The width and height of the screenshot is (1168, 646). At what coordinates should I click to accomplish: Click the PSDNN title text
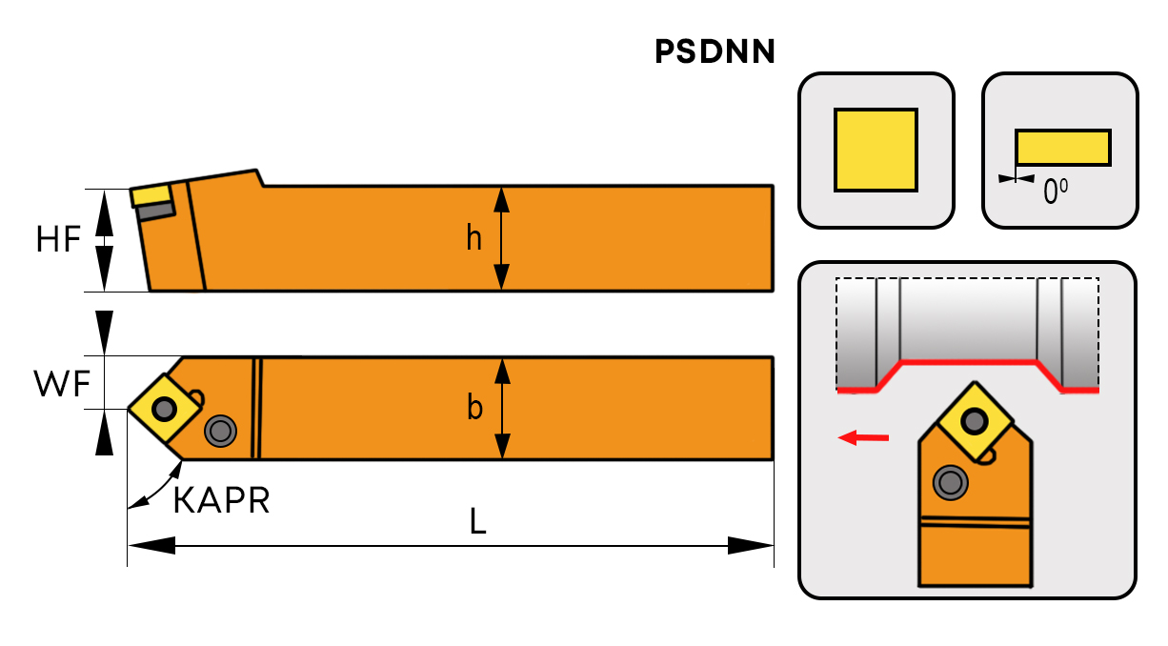715,52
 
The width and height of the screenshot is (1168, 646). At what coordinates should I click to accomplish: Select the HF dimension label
58,239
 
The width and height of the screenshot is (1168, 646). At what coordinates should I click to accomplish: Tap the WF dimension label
61,384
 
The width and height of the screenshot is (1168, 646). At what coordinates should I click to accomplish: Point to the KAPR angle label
221,499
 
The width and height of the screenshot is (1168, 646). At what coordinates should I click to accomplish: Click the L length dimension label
478,520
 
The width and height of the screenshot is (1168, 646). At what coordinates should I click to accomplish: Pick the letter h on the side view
473,238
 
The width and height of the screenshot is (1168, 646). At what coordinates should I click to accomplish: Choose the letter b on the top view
474,408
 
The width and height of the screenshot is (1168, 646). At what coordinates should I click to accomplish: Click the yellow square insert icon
876,150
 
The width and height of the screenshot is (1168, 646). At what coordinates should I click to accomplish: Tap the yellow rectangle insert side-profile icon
1062,148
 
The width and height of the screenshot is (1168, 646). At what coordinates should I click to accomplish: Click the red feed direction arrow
863,437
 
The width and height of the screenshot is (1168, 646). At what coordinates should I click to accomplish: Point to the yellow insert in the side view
151,195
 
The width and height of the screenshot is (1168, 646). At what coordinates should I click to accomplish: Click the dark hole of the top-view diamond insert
165,410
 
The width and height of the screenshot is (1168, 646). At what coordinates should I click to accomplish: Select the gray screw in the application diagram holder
950,483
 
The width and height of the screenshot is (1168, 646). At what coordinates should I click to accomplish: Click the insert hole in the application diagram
974,419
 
